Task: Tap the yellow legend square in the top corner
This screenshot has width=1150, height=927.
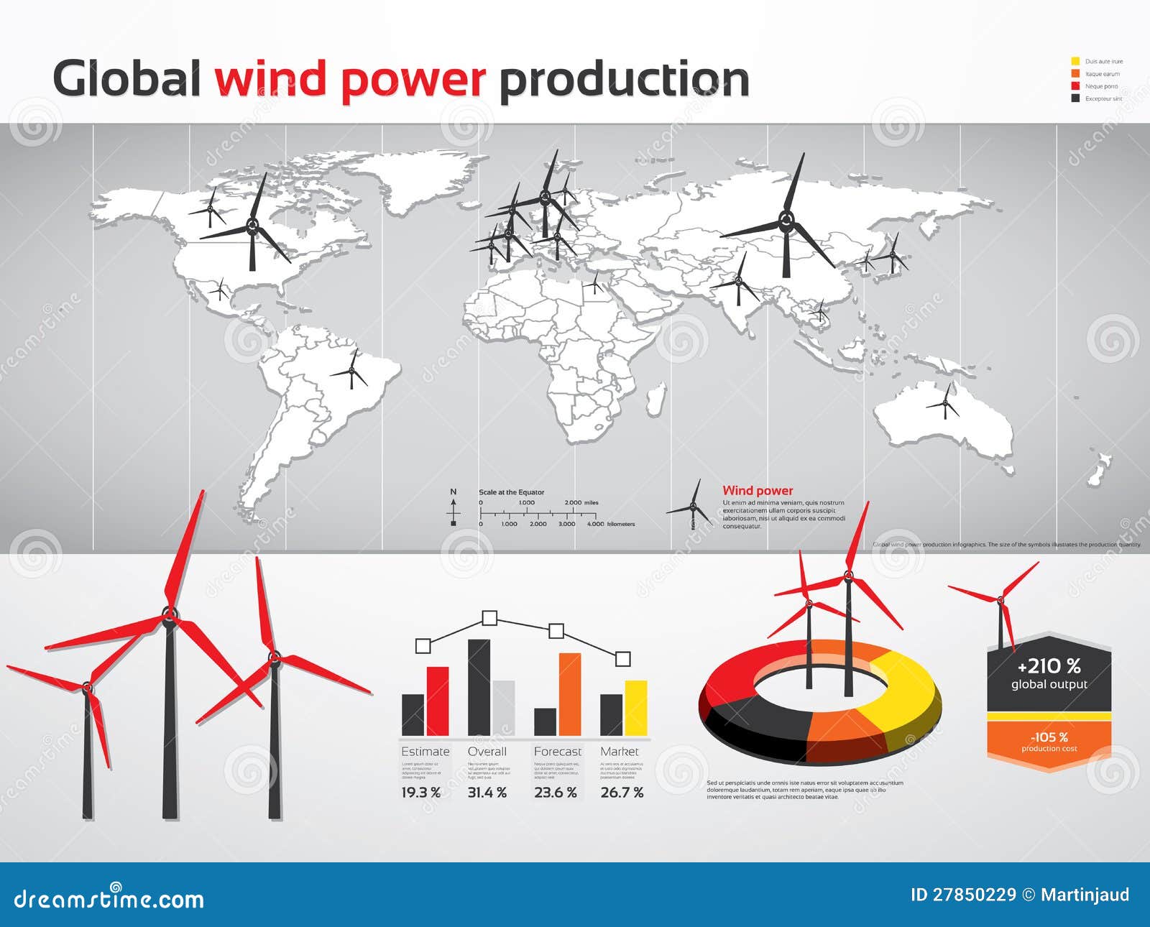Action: pos(1075,61)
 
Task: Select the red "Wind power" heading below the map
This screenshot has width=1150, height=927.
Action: pos(758,491)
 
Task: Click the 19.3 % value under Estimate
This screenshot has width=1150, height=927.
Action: pos(420,793)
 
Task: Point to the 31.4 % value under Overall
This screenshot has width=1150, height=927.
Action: pos(487,793)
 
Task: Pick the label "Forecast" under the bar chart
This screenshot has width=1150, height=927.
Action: pos(557,752)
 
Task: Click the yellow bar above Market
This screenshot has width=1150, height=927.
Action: pos(635,708)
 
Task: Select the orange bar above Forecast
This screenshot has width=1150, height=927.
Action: pos(569,694)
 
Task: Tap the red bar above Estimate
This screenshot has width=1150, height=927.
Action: pos(438,701)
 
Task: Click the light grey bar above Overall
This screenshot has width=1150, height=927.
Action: pos(503,708)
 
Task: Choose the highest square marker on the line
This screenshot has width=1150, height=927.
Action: pos(489,618)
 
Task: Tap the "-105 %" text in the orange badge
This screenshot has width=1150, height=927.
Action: pos(1049,737)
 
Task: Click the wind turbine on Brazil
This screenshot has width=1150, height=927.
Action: pos(351,372)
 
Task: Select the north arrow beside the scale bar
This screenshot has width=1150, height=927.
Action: pos(454,507)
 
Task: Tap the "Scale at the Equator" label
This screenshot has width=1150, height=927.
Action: pos(511,492)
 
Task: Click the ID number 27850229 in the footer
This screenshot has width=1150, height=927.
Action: pos(974,895)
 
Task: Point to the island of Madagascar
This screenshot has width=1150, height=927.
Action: pos(655,400)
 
